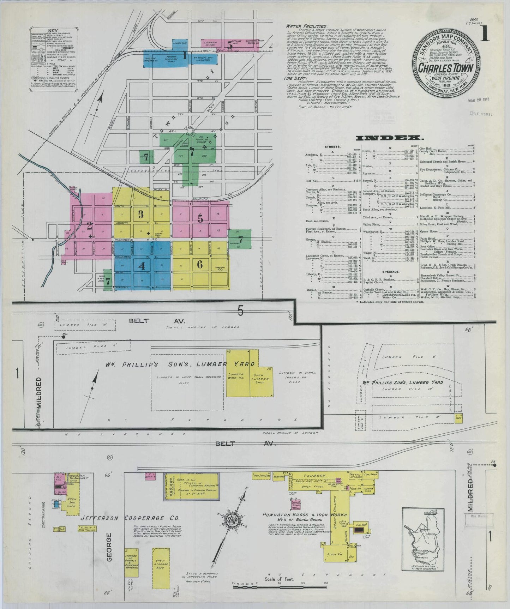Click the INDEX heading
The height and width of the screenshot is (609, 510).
[390, 138]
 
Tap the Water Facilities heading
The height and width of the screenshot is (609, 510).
[306, 26]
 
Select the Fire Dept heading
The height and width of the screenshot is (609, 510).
[297, 78]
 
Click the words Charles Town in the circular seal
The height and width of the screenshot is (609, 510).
[446, 67]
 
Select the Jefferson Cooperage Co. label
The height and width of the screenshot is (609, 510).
[130, 518]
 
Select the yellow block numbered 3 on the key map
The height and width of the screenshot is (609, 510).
[141, 214]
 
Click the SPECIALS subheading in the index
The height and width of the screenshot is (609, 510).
[390, 272]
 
